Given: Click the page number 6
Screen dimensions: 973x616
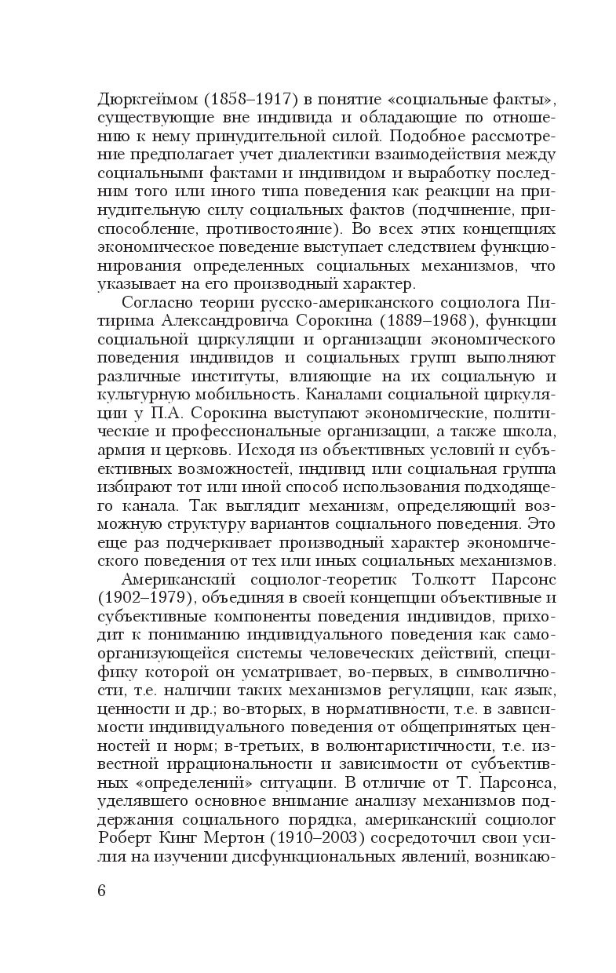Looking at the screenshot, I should pyautogui.click(x=102, y=891).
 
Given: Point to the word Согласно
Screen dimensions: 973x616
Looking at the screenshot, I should pyautogui.click(x=154, y=302).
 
